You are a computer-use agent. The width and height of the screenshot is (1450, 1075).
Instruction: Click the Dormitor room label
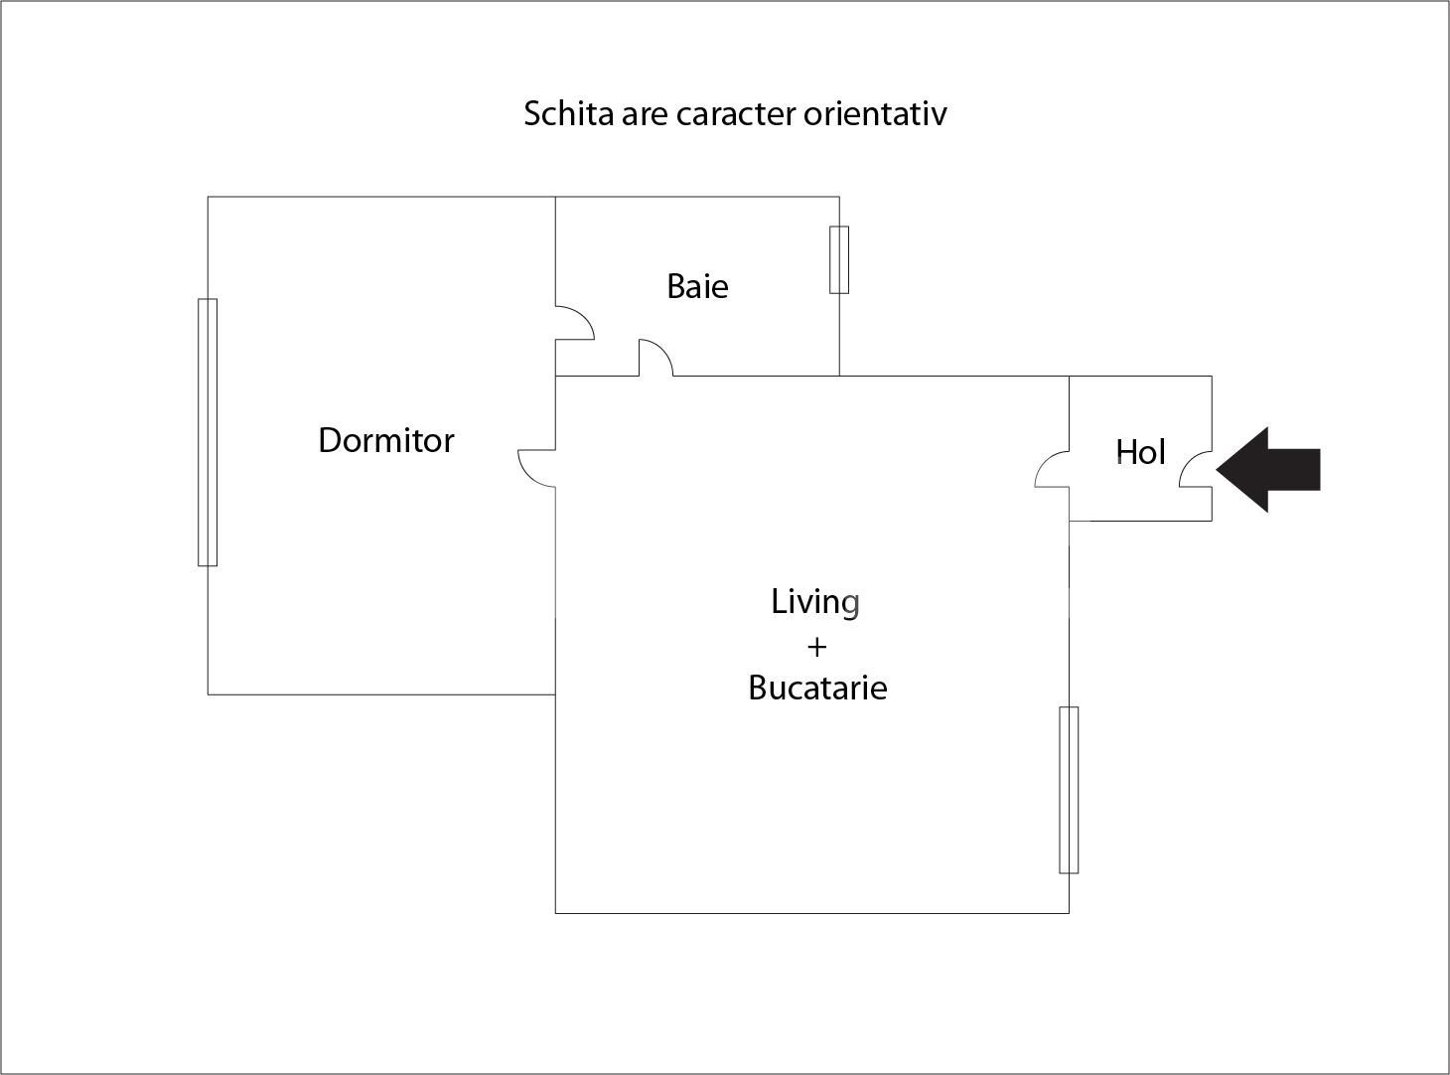(386, 440)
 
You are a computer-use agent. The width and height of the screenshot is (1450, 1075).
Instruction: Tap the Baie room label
(697, 286)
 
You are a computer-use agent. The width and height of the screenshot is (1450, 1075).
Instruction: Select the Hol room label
(1140, 452)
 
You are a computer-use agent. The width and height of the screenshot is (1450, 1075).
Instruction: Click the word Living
(815, 602)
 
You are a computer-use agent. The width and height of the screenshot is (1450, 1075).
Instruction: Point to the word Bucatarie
(817, 688)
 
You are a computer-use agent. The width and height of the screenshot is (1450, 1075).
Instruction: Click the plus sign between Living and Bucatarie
(816, 647)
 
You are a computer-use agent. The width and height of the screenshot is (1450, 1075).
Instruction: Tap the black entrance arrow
(1269, 470)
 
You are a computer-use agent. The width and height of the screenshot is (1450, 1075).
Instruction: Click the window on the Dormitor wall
(208, 432)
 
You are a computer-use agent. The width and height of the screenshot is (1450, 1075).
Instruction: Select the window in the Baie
(839, 259)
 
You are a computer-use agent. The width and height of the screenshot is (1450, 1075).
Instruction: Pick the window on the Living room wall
(1069, 790)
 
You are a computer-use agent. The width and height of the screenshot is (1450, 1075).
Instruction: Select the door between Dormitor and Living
(537, 468)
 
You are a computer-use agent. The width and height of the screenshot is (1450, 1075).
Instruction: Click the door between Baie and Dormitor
(573, 323)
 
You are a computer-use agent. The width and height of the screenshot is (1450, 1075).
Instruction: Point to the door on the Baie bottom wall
(655, 358)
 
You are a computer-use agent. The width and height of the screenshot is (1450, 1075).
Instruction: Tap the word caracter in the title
(736, 113)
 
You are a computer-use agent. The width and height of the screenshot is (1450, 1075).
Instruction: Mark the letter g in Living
(850, 604)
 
